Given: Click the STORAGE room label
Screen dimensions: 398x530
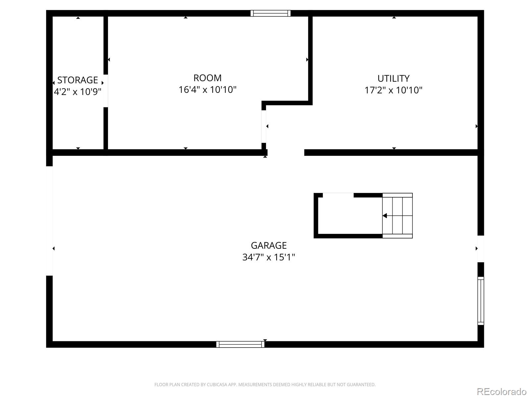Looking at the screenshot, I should tap(78, 80).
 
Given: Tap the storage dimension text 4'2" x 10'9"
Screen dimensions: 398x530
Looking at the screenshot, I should tap(78, 92).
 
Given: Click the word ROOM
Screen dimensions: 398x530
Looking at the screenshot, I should tap(207, 78).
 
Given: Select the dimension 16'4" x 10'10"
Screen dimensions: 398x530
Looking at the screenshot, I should tap(207, 90).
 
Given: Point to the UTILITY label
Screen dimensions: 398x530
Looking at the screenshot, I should tap(394, 78).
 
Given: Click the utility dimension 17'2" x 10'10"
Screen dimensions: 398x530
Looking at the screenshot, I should tap(394, 90).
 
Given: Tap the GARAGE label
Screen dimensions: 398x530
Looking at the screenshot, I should tap(269, 245).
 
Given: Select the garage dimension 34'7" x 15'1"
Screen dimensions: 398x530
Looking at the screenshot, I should tap(269, 257).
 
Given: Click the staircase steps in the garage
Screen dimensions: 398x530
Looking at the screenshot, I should tap(397, 216).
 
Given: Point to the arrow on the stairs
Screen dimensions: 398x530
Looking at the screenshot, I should tap(385, 216).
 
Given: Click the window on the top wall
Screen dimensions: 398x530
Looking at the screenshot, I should tap(270, 13).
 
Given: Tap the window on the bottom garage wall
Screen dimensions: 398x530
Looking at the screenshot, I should tap(240, 344).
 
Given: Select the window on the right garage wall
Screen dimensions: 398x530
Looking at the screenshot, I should tap(481, 300).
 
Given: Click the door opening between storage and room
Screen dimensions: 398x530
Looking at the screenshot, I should tap(106, 91).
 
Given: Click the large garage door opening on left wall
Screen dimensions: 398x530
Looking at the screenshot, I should tap(49, 221).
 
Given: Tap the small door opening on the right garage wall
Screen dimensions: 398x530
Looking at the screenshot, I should tap(481, 249).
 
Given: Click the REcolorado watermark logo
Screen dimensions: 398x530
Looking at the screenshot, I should tap(502, 391).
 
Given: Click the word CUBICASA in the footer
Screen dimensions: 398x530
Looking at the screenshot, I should tap(217, 385).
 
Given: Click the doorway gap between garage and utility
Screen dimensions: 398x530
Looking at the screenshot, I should tap(286, 153).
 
